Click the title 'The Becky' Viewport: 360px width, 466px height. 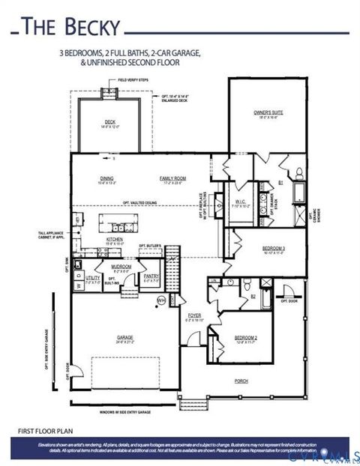click(70, 27)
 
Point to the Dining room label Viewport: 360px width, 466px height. click(106, 178)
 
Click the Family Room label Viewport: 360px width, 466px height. click(172, 178)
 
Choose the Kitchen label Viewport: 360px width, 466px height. click(114, 240)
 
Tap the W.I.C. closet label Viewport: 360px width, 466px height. click(241, 202)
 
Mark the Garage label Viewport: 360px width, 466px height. click(124, 338)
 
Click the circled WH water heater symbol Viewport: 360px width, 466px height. click(160, 300)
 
